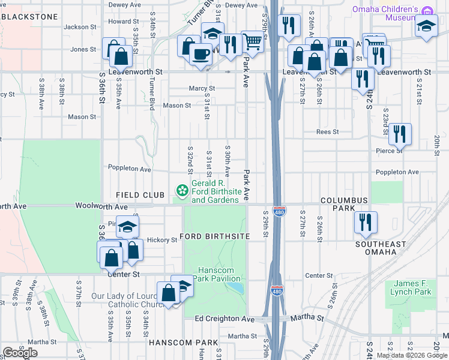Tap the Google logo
click(20, 353)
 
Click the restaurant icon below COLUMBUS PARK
click(366, 221)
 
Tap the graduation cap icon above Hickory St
click(127, 226)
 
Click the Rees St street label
click(328, 132)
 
